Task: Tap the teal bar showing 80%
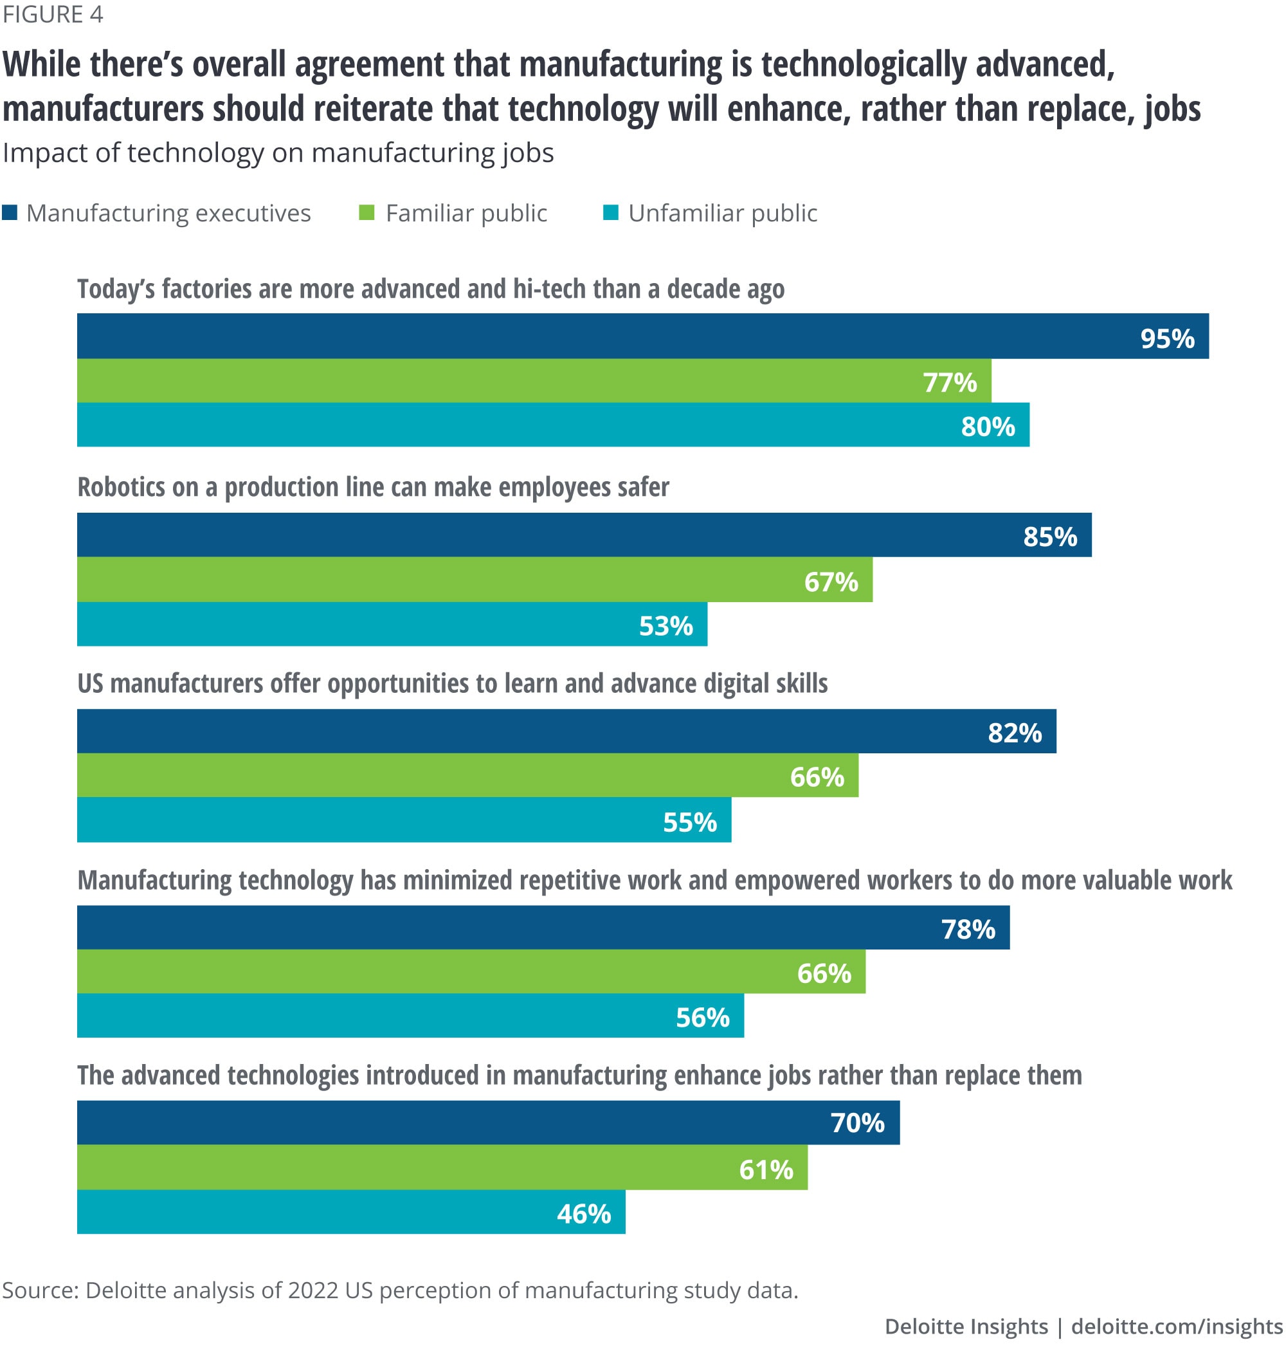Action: click(552, 425)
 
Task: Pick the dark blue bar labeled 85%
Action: click(583, 535)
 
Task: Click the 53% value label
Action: click(666, 625)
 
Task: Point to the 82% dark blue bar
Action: click(566, 731)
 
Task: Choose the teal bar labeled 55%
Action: click(404, 820)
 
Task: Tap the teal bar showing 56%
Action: click(410, 1016)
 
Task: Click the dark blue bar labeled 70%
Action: click(488, 1123)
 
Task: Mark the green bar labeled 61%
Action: click(442, 1167)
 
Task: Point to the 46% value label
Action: click(583, 1213)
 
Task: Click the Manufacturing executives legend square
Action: click(10, 212)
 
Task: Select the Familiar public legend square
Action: click(367, 212)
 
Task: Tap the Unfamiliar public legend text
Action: click(723, 214)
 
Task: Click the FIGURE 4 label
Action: click(53, 14)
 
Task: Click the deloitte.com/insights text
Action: click(1176, 1326)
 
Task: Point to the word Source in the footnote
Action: click(40, 1290)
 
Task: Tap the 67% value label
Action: click(831, 582)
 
